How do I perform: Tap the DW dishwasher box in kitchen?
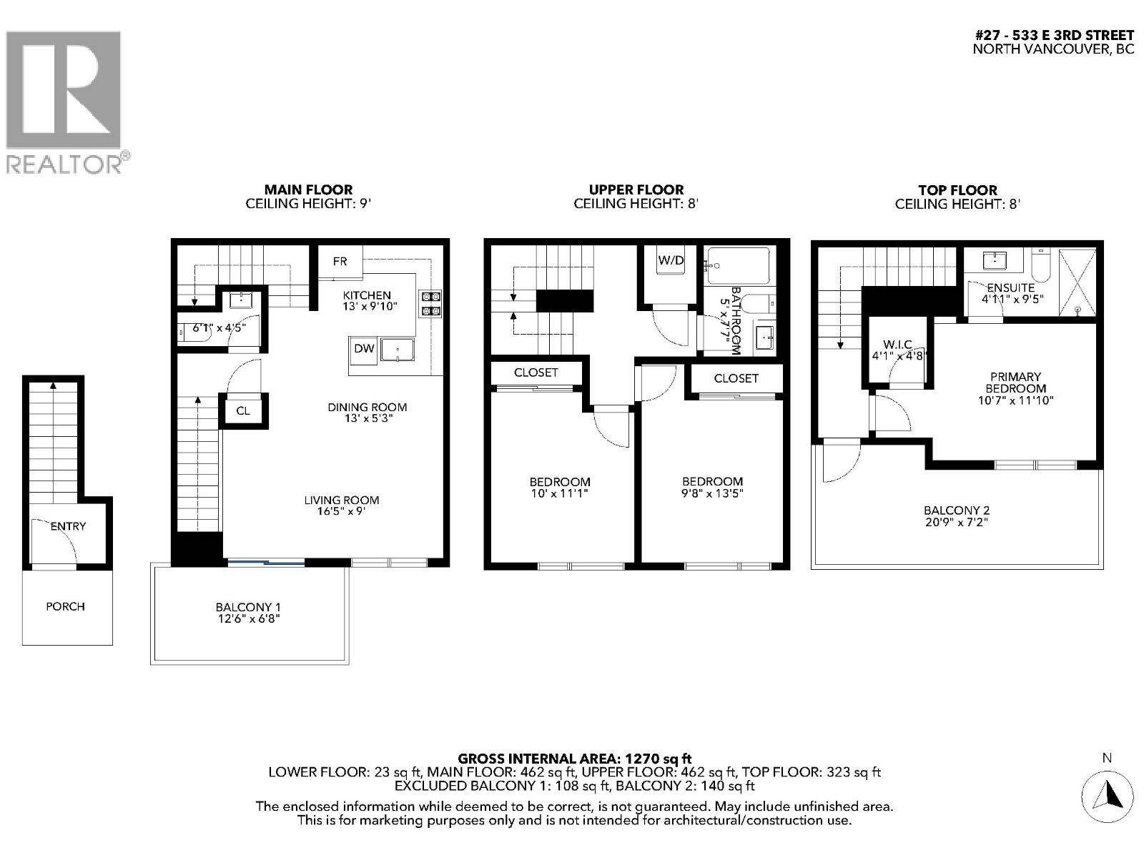coord(364,349)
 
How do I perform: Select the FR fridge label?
coord(340,262)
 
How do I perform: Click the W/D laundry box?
coord(671,261)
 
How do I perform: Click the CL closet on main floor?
coord(243,410)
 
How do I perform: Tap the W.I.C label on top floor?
coord(897,345)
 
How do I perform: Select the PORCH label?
coord(65,606)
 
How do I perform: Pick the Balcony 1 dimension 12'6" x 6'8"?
coord(249,618)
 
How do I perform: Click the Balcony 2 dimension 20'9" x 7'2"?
coord(957,523)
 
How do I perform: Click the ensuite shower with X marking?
coord(1077,282)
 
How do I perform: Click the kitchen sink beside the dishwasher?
coord(398,350)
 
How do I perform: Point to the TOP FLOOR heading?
coord(957,190)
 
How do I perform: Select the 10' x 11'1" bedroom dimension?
coord(560,493)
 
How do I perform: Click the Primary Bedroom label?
coord(1015,383)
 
